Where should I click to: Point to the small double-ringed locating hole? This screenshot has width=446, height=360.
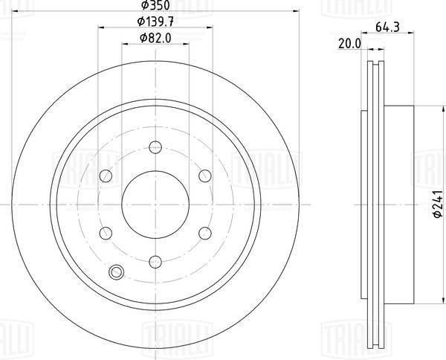pos(116,272)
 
